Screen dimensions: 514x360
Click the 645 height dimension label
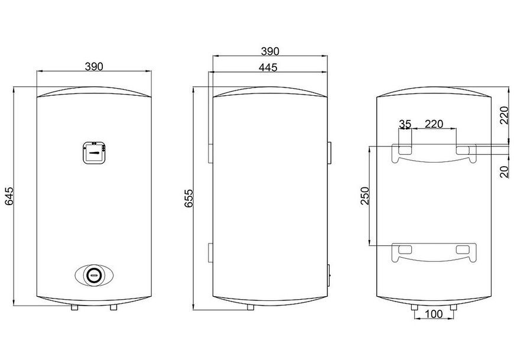[8, 196]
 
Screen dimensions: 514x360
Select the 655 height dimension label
[188, 199]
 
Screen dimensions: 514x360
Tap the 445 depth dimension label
[268, 67]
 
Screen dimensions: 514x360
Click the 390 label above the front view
[94, 67]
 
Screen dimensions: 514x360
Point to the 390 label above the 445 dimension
[270, 51]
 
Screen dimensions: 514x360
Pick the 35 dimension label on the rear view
[405, 124]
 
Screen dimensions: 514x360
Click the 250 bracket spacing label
[365, 196]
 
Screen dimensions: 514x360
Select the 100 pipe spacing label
[434, 314]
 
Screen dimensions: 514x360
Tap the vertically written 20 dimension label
[505, 172]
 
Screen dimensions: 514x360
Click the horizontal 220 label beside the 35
[434, 124]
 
